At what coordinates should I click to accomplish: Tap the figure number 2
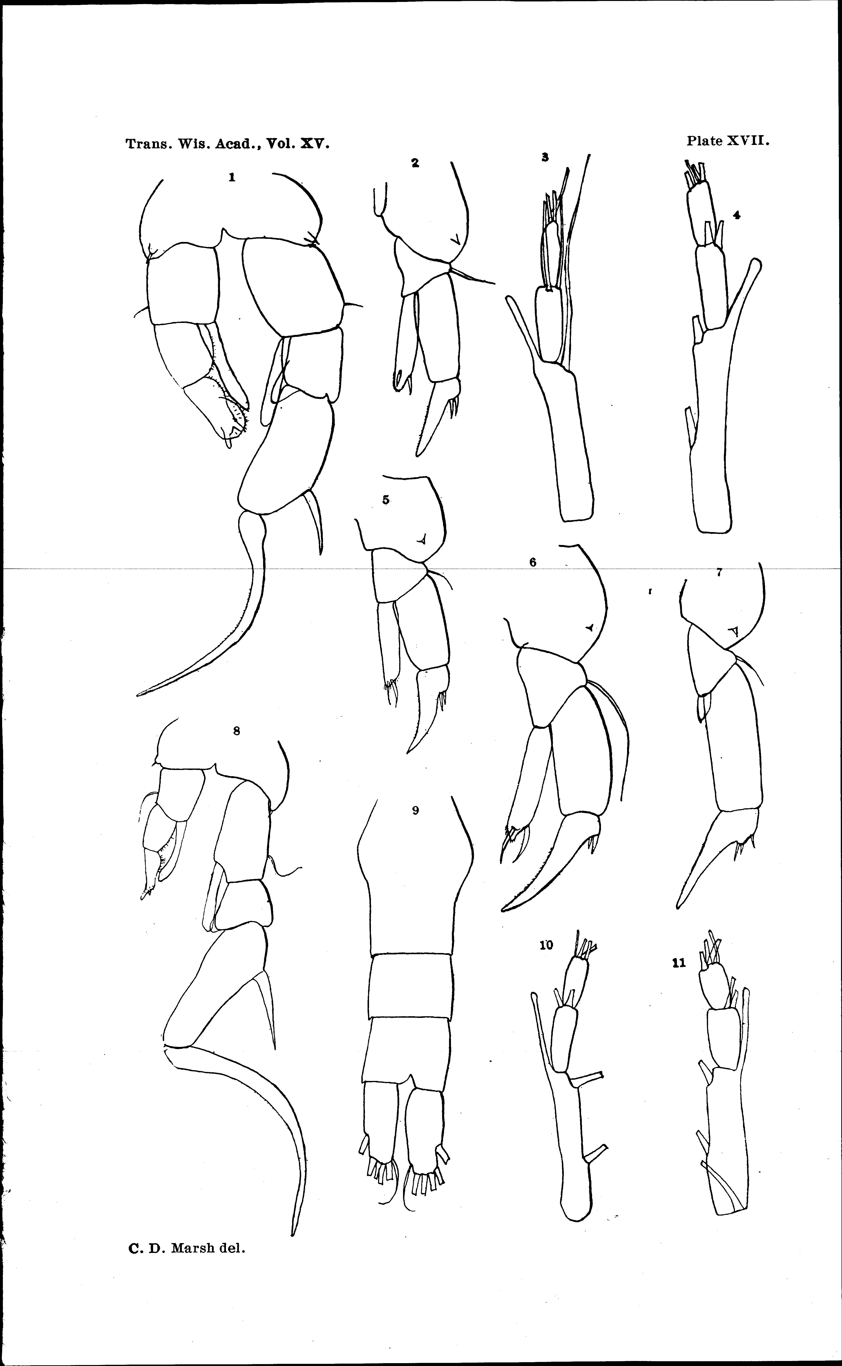tap(415, 163)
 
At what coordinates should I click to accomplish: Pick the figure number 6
tap(533, 562)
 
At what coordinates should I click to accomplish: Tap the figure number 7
tap(719, 572)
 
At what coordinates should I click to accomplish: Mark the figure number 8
tap(237, 731)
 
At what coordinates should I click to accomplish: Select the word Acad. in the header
tap(239, 144)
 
